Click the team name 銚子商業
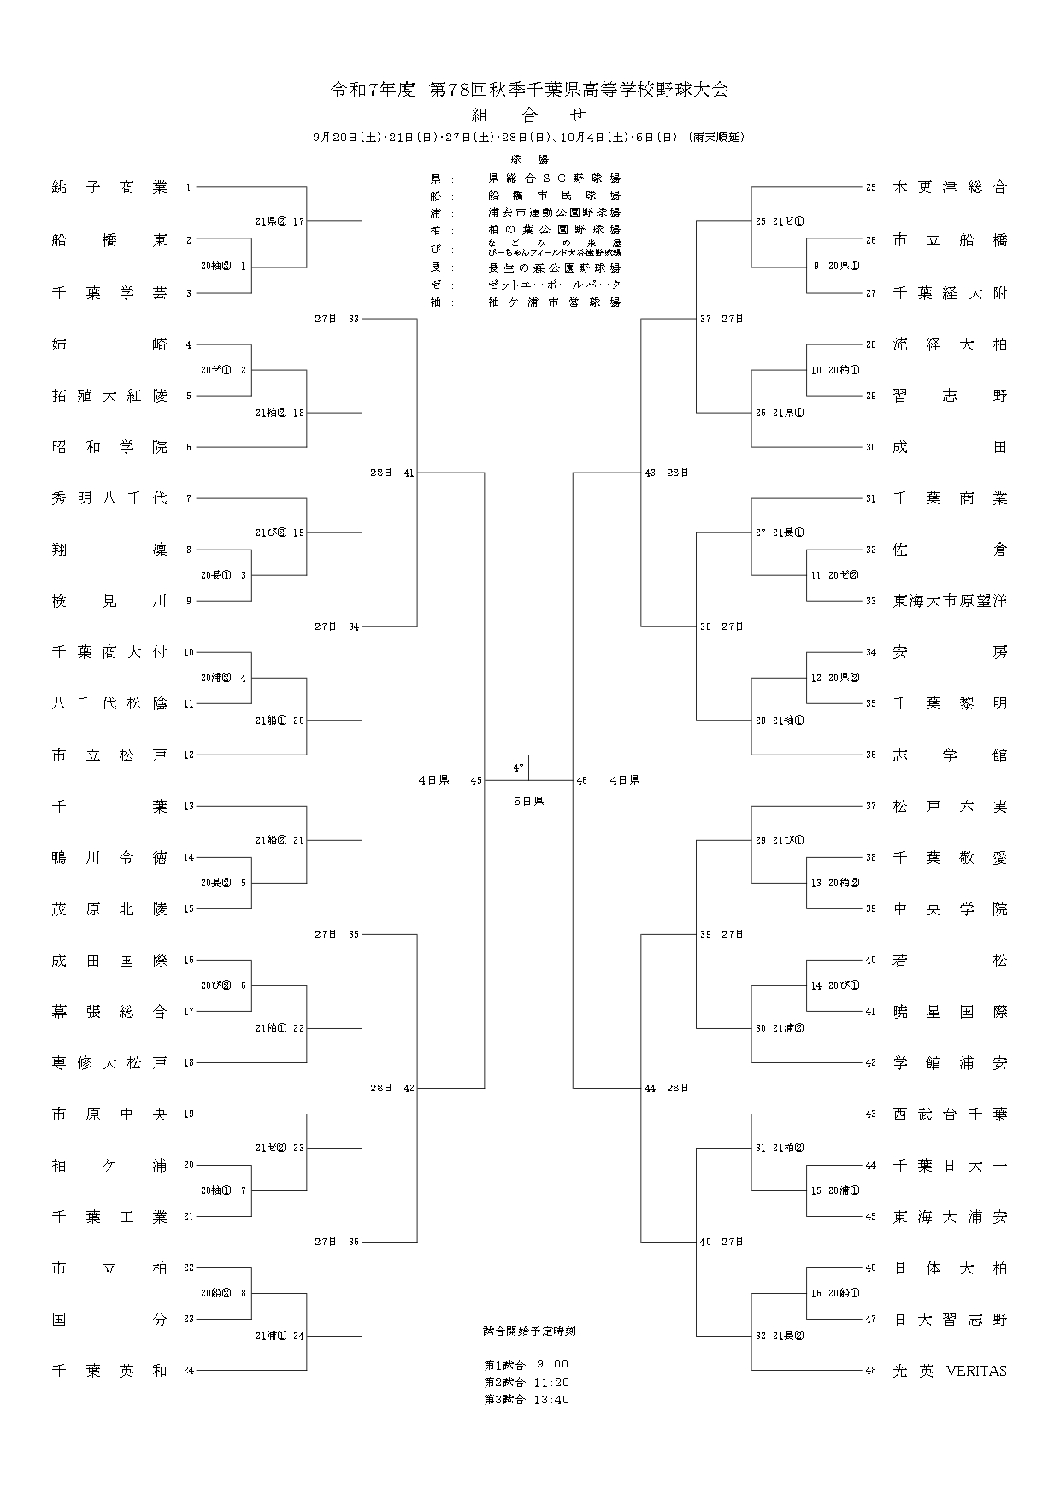tap(109, 188)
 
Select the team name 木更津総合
tap(950, 188)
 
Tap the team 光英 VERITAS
tap(950, 1371)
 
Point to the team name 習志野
tap(950, 396)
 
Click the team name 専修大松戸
tap(109, 1063)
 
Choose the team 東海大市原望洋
tap(950, 601)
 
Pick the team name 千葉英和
tap(109, 1371)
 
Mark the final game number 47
tap(518, 767)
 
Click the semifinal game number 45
tap(476, 780)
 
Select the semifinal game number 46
tap(582, 780)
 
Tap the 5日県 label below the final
tap(528, 802)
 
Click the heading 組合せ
tap(529, 115)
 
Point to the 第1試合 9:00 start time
tap(526, 1364)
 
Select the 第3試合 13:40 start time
tap(526, 1400)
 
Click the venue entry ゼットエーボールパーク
tap(554, 284)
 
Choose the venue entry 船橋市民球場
tap(554, 196)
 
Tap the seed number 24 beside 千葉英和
tap(189, 1371)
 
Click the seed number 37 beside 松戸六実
tap(871, 806)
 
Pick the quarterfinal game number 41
tap(409, 473)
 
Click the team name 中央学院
tap(950, 909)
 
